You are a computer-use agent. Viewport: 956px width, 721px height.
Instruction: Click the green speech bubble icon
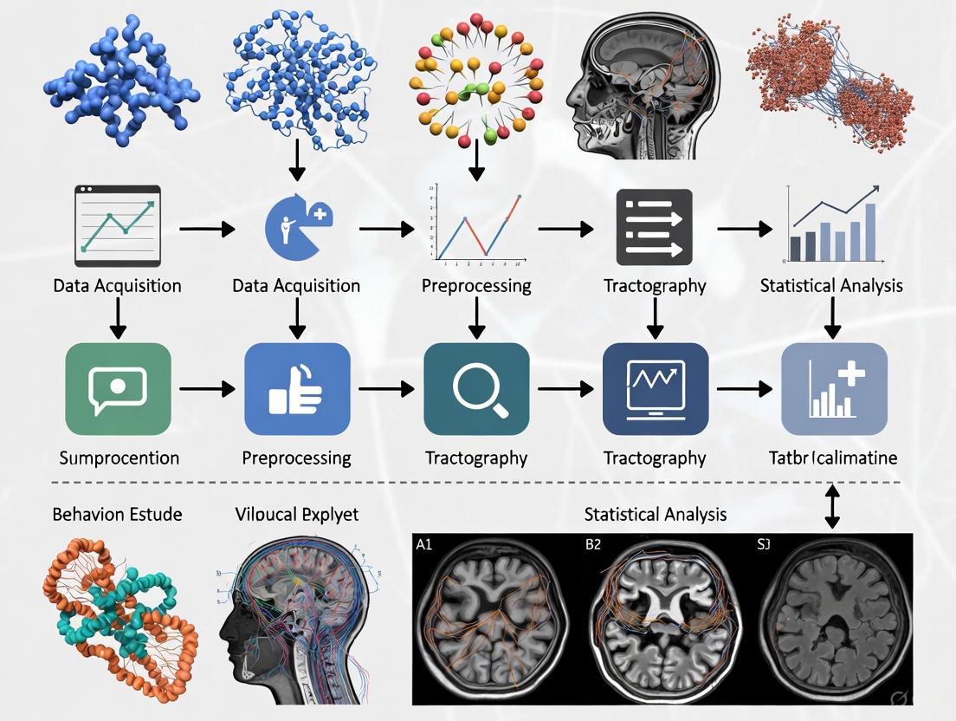click(118, 388)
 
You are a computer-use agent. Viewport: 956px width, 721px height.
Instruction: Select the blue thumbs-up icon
click(297, 388)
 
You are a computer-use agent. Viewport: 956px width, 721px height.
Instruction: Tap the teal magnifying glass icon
click(476, 388)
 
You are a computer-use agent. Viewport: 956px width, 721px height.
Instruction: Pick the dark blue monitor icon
click(656, 388)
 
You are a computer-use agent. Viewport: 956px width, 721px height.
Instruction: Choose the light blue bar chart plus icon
click(834, 388)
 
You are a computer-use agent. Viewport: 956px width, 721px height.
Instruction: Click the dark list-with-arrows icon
click(655, 227)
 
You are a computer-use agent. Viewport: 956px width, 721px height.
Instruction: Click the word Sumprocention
click(119, 458)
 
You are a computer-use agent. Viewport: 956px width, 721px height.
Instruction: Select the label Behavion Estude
click(117, 515)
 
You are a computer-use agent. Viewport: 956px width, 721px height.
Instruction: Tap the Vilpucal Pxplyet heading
click(297, 515)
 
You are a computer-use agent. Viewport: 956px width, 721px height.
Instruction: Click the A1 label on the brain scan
click(424, 545)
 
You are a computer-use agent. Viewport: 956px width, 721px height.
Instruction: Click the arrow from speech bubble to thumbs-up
click(207, 389)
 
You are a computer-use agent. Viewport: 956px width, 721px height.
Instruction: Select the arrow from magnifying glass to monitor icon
click(565, 389)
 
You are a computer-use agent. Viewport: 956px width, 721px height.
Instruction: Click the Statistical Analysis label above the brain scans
click(655, 515)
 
